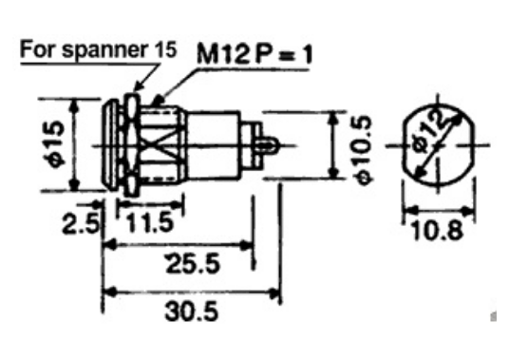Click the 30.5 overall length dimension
(192, 312)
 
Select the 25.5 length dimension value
(193, 263)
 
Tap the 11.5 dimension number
(150, 222)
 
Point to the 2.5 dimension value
(81, 223)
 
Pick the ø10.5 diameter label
(365, 150)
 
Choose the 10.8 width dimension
(437, 230)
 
